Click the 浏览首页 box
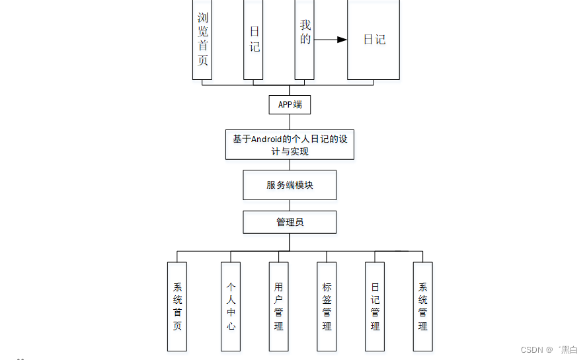coord(202,40)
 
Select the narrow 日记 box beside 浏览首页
coord(253,40)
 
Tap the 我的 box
coord(305,40)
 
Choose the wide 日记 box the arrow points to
coord(373,40)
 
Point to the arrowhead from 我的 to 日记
coord(342,40)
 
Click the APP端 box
coord(290,104)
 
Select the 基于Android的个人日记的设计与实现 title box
coord(290,145)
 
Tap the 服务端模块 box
coord(290,185)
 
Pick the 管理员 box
coord(290,222)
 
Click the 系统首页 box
coord(177,306)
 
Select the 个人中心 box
coord(231,306)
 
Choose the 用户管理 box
coord(278,306)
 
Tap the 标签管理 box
coord(327,306)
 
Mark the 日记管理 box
coord(375,306)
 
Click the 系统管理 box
coord(422,306)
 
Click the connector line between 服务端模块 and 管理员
coord(290,205)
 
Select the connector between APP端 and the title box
coord(290,122)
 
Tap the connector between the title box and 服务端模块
coord(290,165)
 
